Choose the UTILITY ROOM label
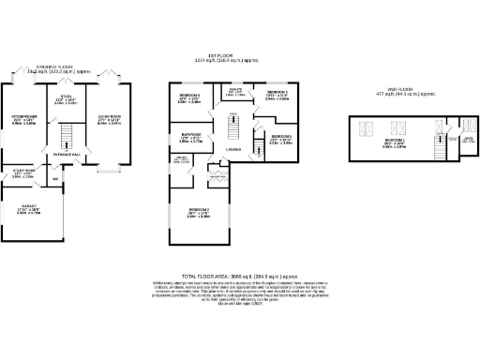tap(23, 172)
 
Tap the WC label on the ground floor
tap(56, 179)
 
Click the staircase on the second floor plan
tap(439, 145)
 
